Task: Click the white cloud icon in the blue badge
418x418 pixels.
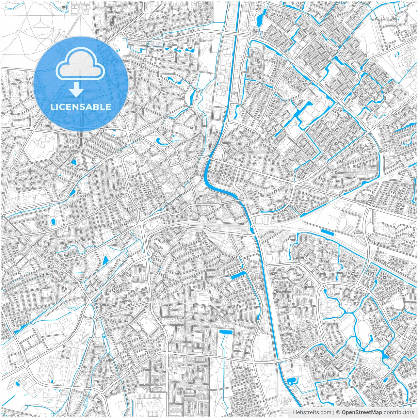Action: click(81, 67)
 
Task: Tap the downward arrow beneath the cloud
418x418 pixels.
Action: click(76, 89)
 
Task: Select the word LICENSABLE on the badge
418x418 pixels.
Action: click(81, 107)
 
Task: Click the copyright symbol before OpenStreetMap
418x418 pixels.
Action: click(338, 412)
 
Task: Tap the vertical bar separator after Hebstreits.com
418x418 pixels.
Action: click(333, 412)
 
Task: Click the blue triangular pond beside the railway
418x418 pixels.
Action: click(105, 260)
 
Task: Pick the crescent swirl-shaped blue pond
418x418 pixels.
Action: click(161, 142)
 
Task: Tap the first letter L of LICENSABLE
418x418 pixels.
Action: click(53, 107)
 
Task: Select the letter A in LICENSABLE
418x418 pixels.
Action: click(92, 107)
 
